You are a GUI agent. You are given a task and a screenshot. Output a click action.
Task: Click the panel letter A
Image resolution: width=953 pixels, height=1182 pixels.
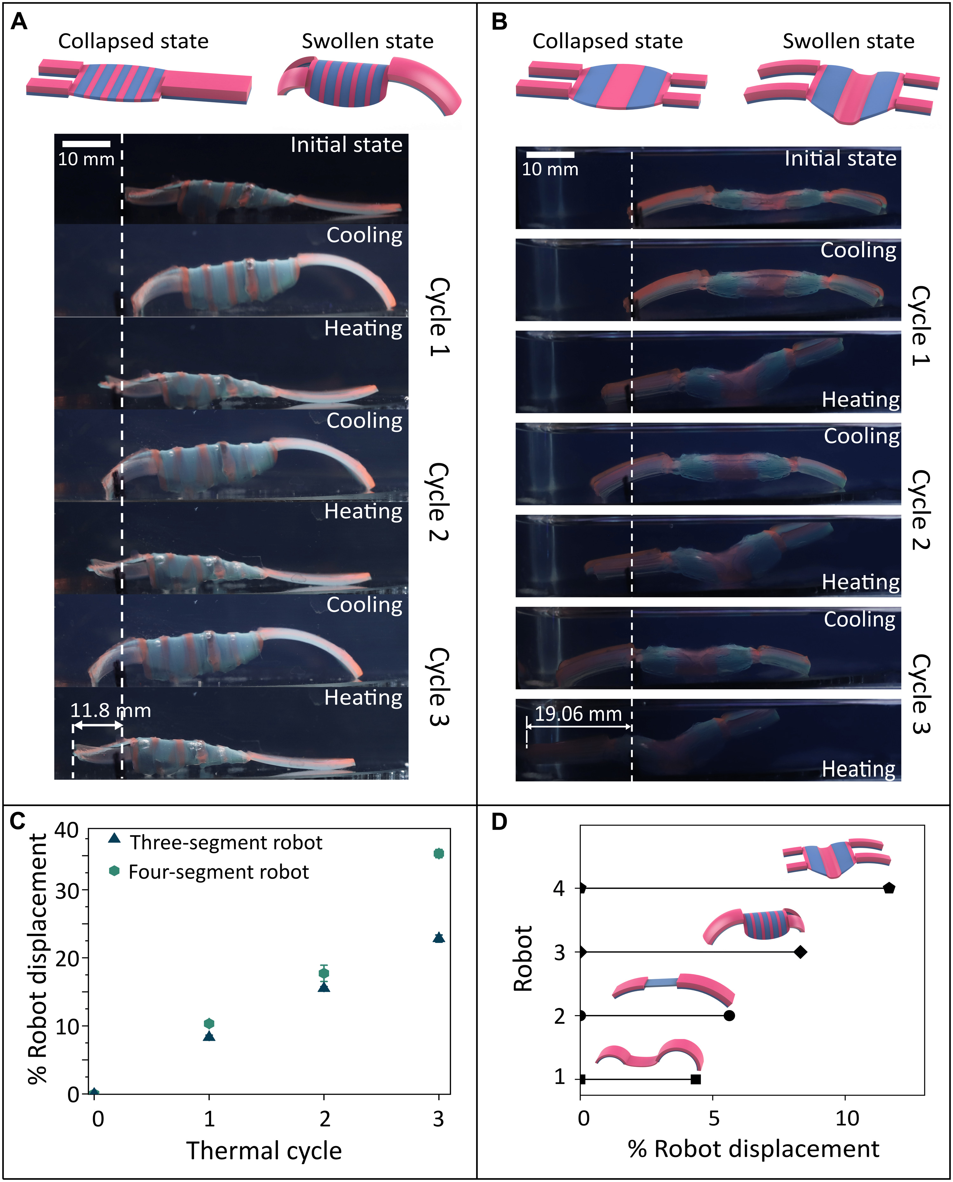tap(19, 22)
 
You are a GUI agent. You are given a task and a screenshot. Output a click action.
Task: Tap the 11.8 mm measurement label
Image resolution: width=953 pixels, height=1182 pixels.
tap(110, 711)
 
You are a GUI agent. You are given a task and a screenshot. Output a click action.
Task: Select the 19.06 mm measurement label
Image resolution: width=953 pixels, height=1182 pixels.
tap(578, 714)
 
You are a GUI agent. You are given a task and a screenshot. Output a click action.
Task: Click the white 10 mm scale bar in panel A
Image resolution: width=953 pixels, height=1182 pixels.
tap(86, 144)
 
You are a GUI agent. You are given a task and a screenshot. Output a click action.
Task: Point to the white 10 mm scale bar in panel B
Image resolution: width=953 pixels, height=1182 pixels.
tap(550, 155)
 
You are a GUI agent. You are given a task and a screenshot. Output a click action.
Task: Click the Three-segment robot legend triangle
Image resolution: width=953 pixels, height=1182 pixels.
tap(114, 838)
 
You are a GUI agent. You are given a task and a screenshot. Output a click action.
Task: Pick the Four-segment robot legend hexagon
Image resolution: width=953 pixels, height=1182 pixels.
tap(114, 870)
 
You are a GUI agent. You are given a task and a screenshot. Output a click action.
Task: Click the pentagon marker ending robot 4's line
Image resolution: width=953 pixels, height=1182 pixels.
tap(889, 888)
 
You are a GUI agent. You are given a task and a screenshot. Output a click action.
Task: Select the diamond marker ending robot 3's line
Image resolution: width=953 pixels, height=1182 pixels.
tap(801, 952)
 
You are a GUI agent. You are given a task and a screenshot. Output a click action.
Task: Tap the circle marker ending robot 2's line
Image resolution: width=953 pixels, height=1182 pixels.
tap(730, 1016)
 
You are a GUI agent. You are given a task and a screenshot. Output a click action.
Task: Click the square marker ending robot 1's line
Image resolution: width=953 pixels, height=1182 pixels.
tap(696, 1079)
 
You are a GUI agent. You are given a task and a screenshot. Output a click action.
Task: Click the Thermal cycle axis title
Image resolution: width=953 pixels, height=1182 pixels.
tap(264, 1151)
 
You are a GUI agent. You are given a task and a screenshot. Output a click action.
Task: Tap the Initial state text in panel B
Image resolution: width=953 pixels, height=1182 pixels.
tap(840, 159)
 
